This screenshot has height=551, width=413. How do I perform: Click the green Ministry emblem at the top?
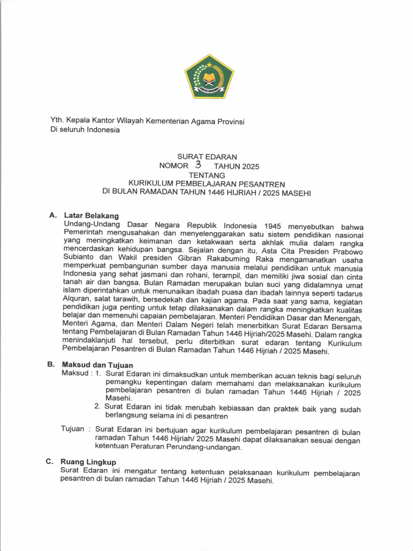coord(209,76)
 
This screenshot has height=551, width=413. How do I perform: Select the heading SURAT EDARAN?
coord(207,157)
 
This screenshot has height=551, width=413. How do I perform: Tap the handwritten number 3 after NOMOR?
coord(198,165)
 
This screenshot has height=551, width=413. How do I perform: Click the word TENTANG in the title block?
coord(206,175)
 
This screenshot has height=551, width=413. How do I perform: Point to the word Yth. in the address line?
coord(56,122)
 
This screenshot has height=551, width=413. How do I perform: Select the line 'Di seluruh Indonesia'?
coord(85,130)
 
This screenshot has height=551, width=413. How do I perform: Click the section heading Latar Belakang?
coord(91,215)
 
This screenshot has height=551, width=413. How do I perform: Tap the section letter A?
coord(52,215)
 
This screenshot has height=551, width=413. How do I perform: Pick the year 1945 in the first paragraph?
coord(275,225)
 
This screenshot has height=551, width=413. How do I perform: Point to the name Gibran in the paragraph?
coord(192,259)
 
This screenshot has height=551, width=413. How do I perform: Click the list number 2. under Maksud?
coord(97,407)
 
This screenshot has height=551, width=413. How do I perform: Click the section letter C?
coord(49,462)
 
